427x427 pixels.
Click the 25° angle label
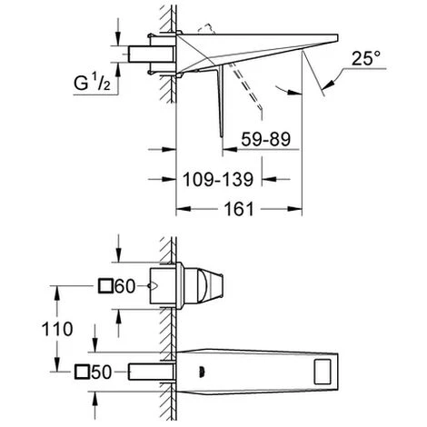[x=366, y=58]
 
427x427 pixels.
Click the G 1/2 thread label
[x=92, y=83]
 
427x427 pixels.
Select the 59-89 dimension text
[x=265, y=139]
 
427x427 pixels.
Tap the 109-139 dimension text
[x=218, y=179]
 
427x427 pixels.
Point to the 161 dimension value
[x=238, y=209]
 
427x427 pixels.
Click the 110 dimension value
[x=57, y=329]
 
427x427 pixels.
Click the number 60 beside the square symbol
[x=125, y=286]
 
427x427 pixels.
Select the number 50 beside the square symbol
[x=102, y=372]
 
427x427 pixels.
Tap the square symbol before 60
[x=105, y=286]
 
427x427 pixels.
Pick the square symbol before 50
[x=82, y=372]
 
